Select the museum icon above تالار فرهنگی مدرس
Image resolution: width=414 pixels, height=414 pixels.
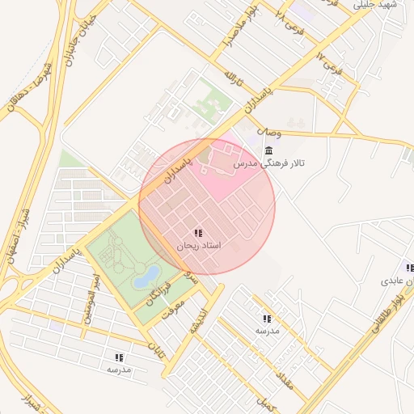pos(268,150)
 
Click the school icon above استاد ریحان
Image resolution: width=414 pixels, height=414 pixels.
pos(198,233)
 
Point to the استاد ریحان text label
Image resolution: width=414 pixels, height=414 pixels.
pos(198,245)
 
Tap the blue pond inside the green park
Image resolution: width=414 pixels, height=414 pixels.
pos(146,277)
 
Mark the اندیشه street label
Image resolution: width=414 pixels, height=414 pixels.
pos(197,320)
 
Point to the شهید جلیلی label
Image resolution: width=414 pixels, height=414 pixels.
pos(374,5)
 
